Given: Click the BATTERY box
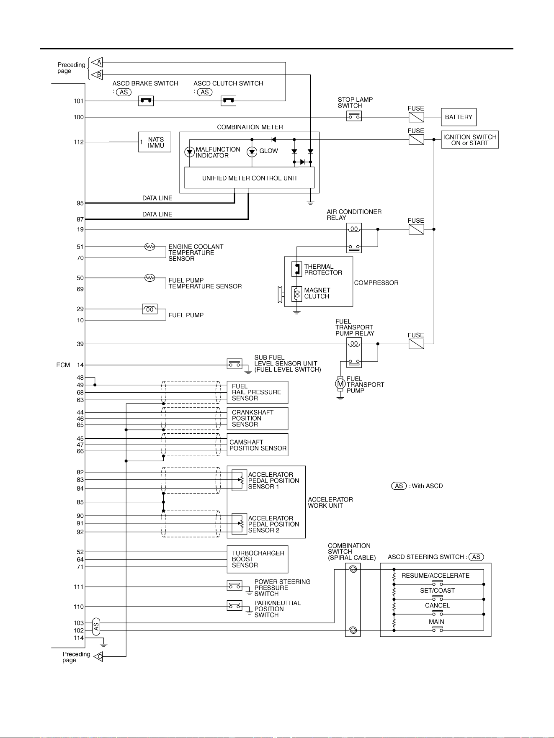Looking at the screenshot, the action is [459, 117].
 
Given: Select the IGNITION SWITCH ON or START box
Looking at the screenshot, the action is [470, 140].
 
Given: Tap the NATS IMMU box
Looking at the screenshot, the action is [155, 142].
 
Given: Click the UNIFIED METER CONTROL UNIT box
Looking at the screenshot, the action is [250, 178].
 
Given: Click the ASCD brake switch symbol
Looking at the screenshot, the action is [146, 101].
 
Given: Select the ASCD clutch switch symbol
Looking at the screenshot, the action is [228, 101].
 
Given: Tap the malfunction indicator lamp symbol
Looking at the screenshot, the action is [190, 152].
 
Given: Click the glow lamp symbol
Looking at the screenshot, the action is [252, 152].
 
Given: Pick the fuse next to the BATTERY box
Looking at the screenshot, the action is [416, 117].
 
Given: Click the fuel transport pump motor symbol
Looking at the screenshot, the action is [340, 383].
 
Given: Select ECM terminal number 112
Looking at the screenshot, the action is [79, 142].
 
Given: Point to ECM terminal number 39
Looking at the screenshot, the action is [80, 344].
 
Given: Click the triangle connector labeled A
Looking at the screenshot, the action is [97, 62].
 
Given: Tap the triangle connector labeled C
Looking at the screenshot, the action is [98, 656].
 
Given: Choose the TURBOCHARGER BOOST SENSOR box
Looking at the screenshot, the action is [258, 559].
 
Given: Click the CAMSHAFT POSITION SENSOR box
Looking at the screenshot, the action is [258, 445].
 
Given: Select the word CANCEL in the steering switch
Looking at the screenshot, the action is [438, 606].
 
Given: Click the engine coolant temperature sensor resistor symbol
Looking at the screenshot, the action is [149, 247].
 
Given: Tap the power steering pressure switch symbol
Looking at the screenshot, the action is [234, 586].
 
